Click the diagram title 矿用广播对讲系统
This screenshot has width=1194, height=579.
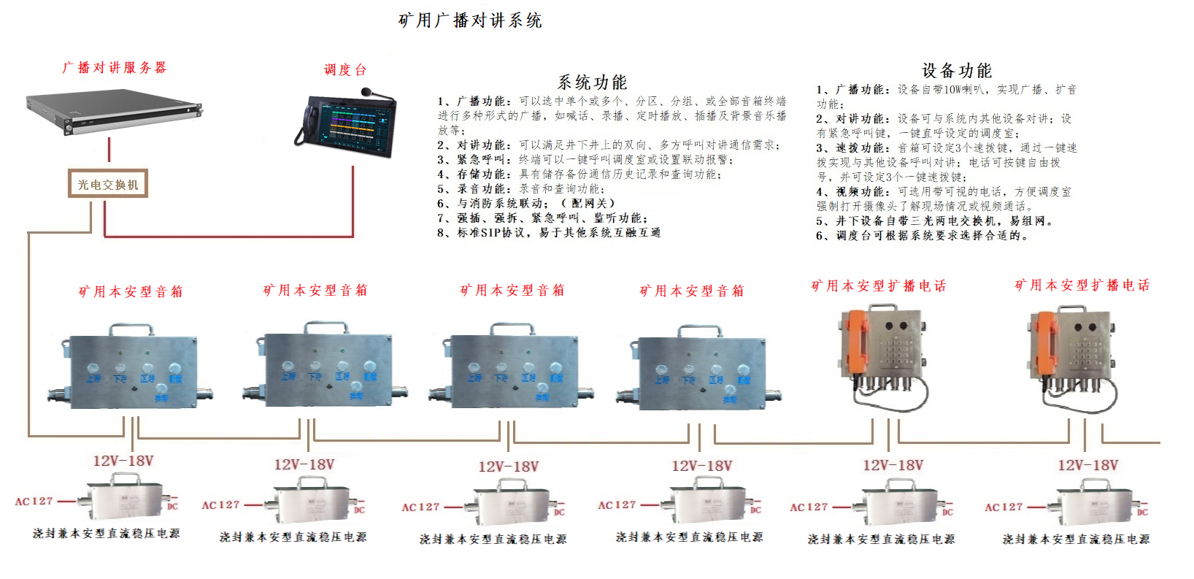click(x=469, y=20)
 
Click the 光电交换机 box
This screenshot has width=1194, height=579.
click(x=108, y=185)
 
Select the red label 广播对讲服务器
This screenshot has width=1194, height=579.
click(x=115, y=68)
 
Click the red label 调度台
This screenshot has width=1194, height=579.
click(x=345, y=70)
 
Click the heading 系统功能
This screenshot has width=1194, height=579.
click(x=592, y=82)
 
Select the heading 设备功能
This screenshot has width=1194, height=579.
click(x=957, y=71)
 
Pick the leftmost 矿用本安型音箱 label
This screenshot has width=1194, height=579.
click(x=131, y=292)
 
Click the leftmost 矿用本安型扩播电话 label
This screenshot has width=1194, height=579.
click(x=879, y=286)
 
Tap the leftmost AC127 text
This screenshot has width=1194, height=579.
click(x=34, y=502)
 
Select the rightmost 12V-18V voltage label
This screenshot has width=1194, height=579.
click(x=1087, y=465)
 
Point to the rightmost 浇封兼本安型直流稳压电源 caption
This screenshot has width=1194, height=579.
click(x=1076, y=540)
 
